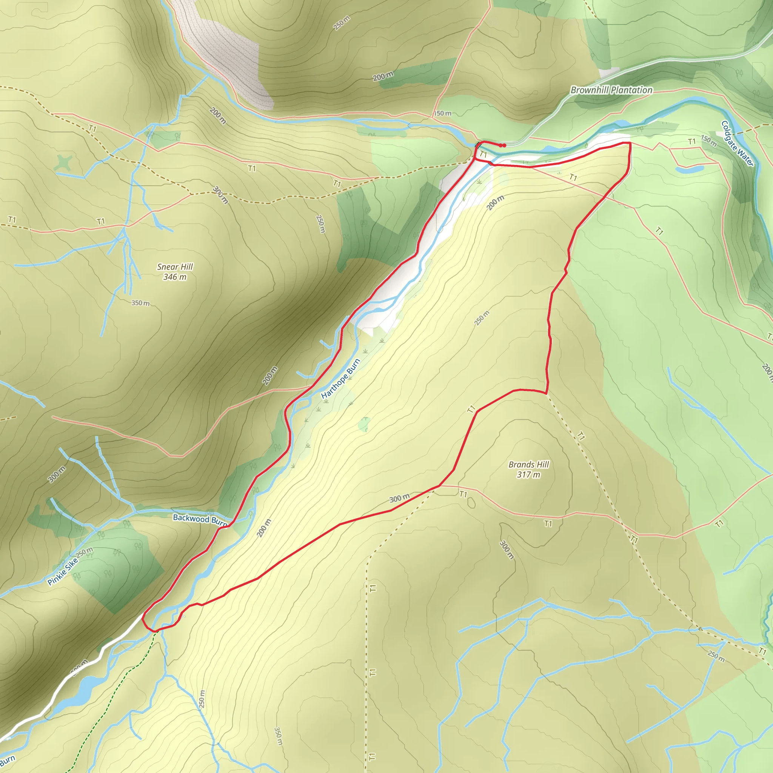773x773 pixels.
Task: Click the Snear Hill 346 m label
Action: tap(175, 272)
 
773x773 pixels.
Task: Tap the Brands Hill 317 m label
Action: tap(528, 469)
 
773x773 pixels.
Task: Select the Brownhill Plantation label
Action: tap(611, 90)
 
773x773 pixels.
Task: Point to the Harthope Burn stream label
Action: tap(340, 379)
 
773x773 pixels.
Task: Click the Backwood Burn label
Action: tap(200, 519)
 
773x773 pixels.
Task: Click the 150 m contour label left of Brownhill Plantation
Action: tap(443, 113)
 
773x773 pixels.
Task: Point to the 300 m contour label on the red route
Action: tap(399, 498)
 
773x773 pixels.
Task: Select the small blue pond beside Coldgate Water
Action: tap(689, 169)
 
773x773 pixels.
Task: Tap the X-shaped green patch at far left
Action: tap(64, 163)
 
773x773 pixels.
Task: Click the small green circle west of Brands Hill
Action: tap(364, 424)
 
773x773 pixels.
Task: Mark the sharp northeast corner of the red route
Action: tap(630, 143)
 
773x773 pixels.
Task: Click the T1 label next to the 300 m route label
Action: tap(463, 494)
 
